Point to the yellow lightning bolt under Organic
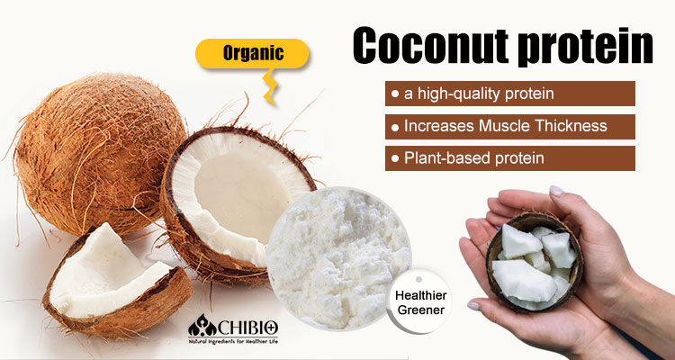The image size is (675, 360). point(269,87)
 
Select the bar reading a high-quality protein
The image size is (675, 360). point(509,94)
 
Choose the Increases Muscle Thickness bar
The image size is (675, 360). point(509,126)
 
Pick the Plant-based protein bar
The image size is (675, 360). point(509,157)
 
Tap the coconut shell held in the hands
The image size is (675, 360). point(535,261)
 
